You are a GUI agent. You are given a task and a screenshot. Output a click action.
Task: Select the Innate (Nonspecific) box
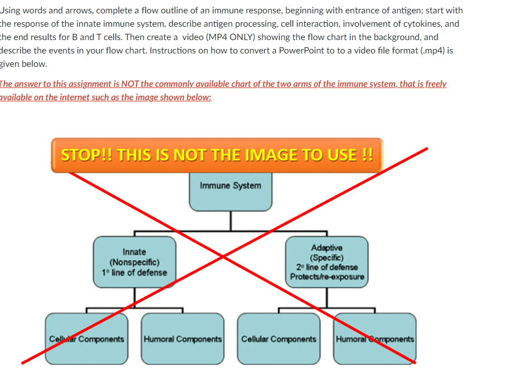point(134,262)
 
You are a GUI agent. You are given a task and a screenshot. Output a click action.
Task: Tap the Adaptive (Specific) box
point(327,262)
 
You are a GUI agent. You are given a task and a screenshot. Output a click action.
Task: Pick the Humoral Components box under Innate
point(183,339)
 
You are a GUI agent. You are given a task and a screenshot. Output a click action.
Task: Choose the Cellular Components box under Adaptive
point(279,339)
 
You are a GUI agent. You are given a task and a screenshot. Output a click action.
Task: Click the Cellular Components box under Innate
point(86,339)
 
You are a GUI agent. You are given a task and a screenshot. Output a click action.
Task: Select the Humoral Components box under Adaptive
point(375,339)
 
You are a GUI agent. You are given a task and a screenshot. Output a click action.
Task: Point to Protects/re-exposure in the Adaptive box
point(327,277)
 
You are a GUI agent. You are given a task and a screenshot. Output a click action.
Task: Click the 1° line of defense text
point(134,272)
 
